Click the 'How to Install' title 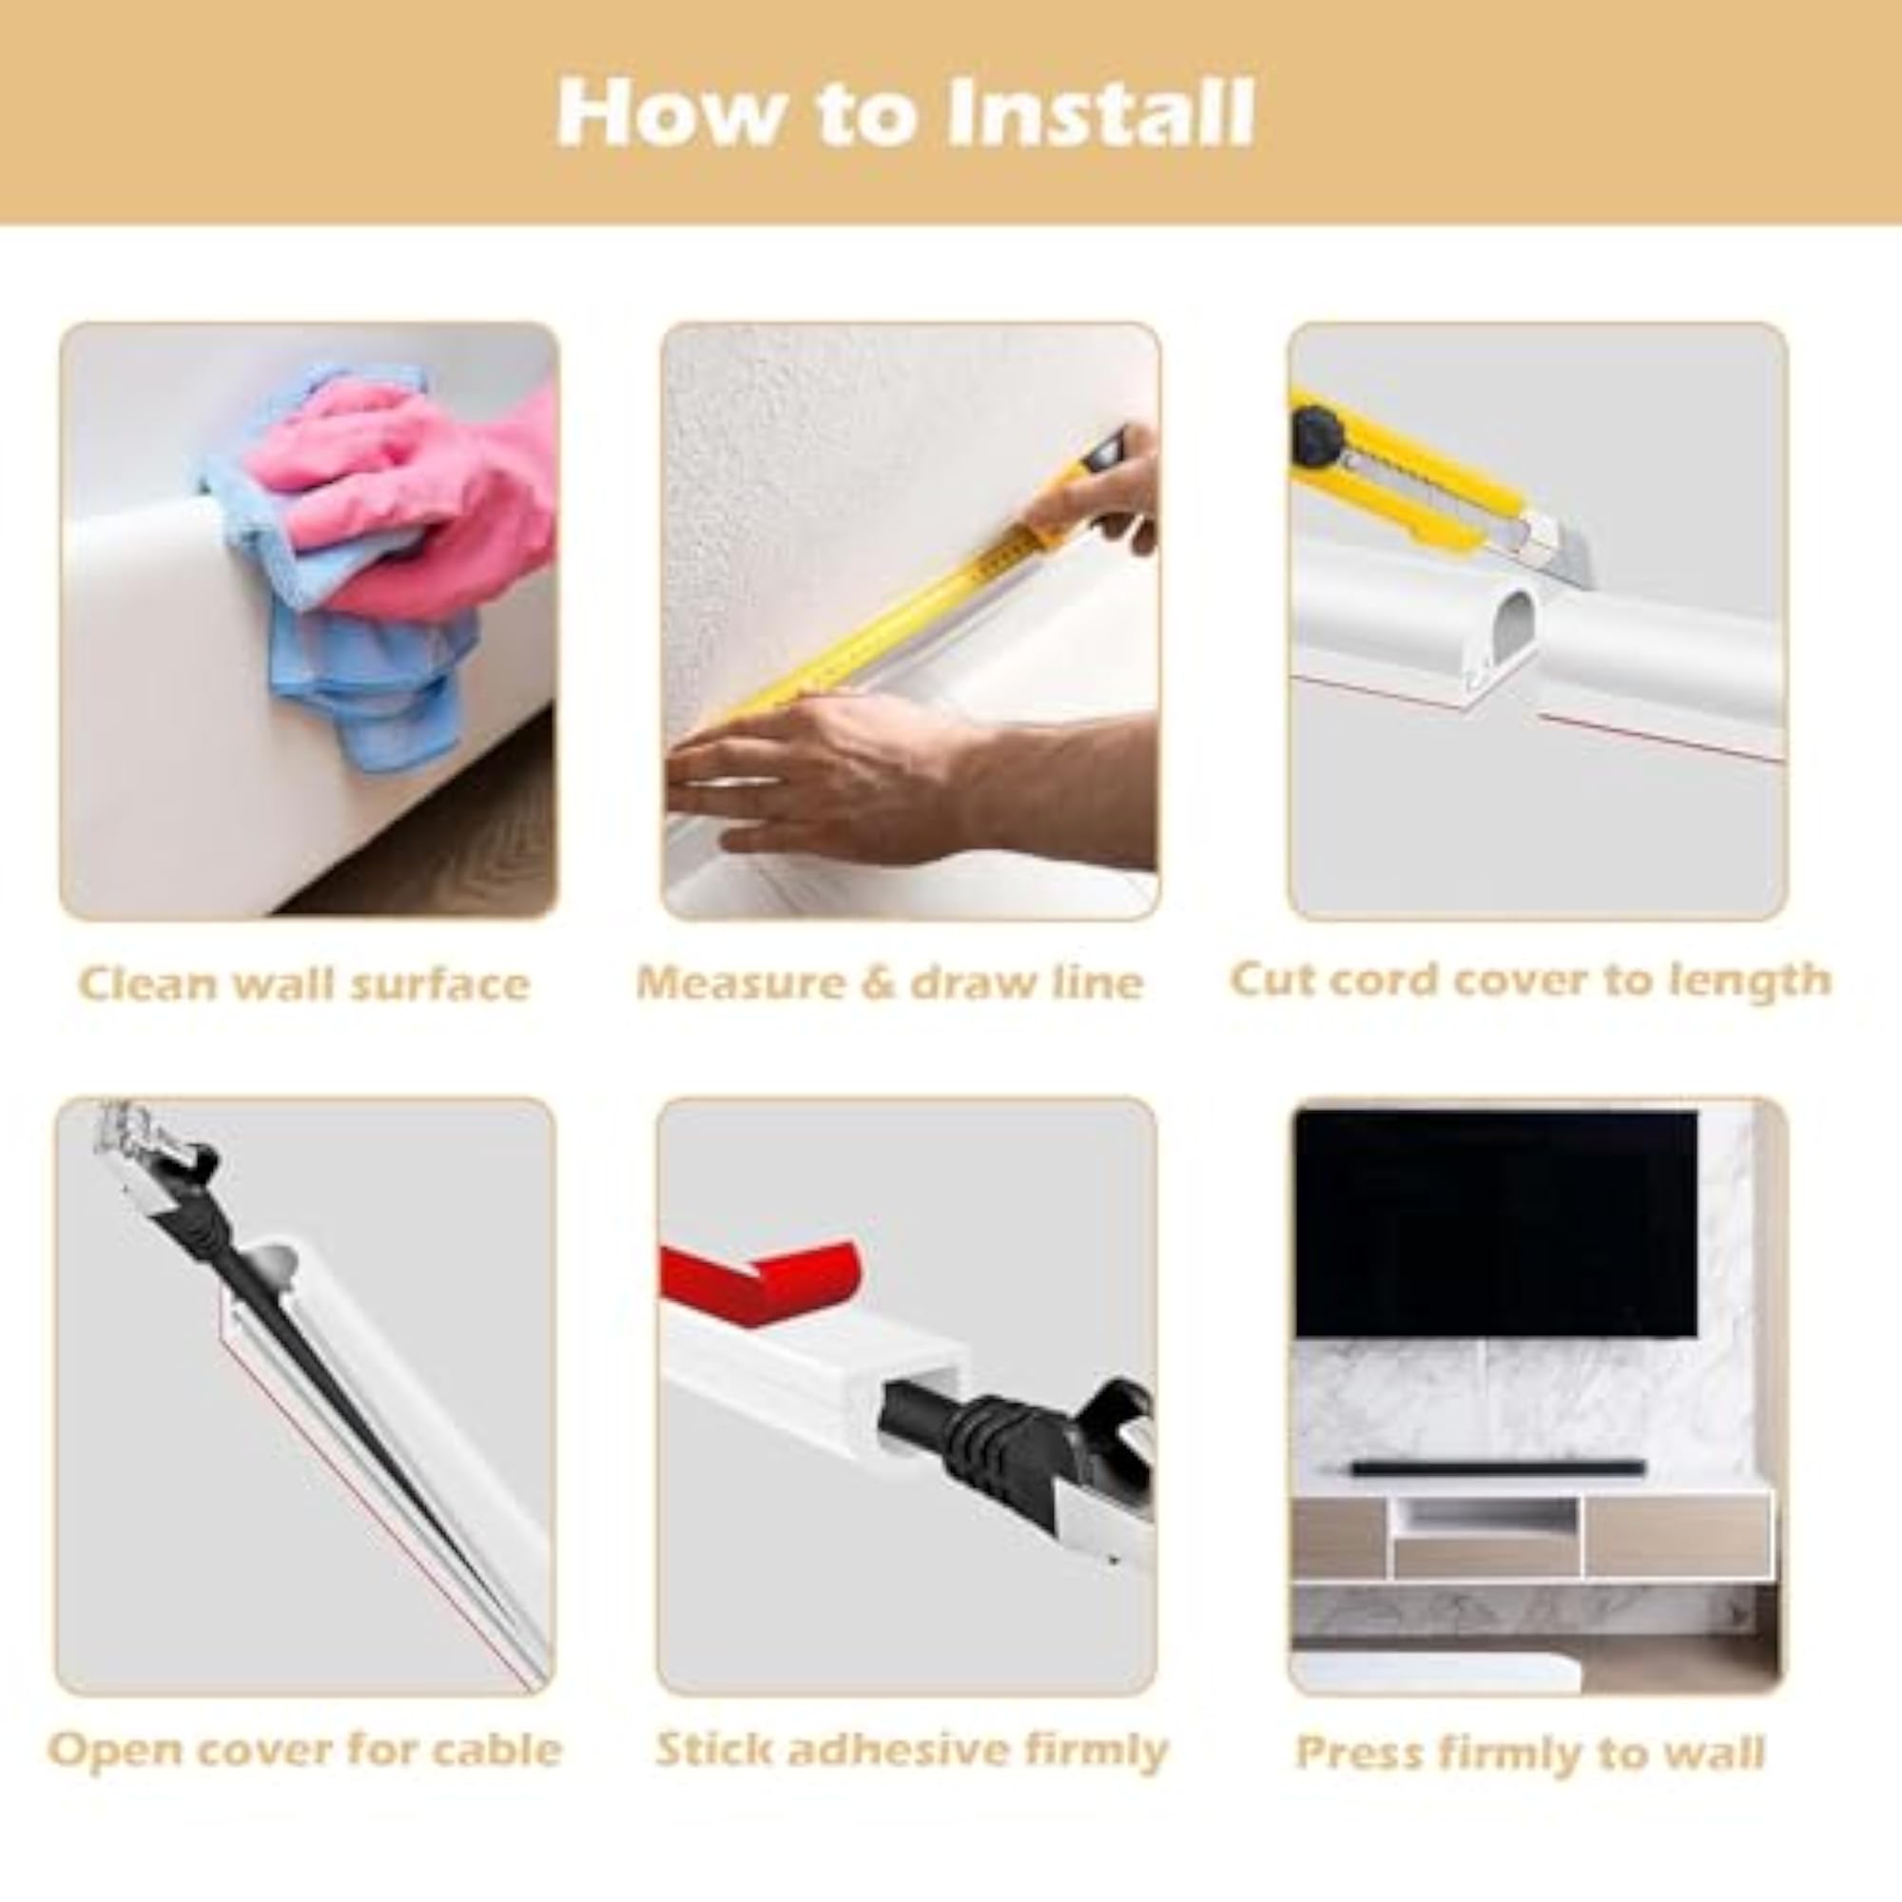click(905, 113)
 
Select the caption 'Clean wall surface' click(304, 983)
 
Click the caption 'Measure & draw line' click(890, 982)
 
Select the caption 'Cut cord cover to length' click(1531, 981)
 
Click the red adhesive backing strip click(763, 1279)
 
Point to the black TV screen click(1496, 1223)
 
